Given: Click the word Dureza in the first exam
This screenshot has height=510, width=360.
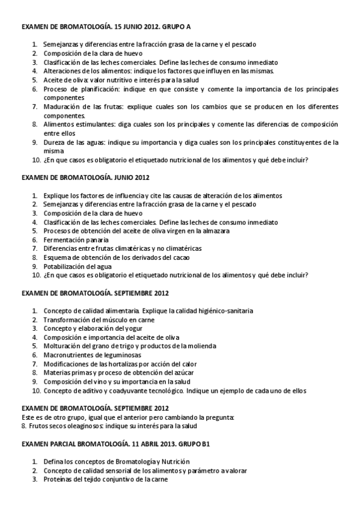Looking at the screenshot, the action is click(x=53, y=143).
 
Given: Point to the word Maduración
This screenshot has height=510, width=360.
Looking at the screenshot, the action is click(x=60, y=106).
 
